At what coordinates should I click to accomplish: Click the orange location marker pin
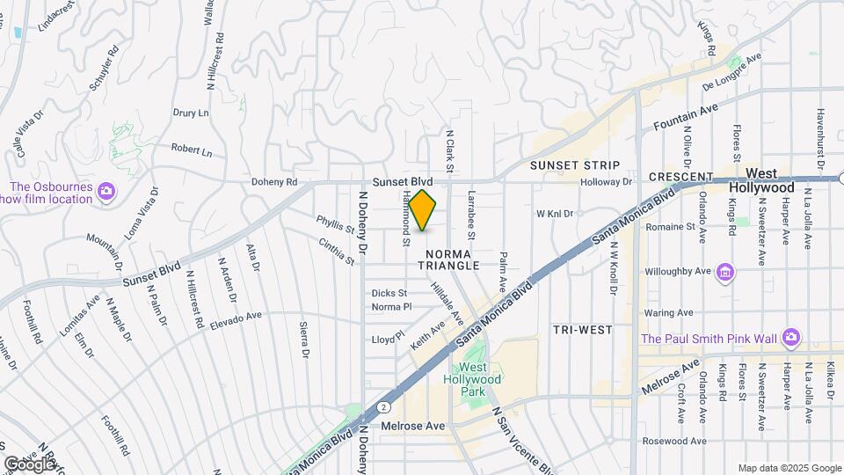click(423, 210)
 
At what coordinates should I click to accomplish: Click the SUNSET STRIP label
click(576, 165)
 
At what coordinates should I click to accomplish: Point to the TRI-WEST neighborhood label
click(583, 329)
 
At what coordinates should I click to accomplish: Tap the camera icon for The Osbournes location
click(106, 189)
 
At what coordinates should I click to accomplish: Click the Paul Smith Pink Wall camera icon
click(791, 338)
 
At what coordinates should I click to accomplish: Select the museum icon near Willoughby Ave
click(724, 271)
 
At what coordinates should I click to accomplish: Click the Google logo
click(29, 464)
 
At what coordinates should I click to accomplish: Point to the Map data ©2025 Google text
click(789, 468)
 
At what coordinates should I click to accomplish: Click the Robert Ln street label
click(192, 151)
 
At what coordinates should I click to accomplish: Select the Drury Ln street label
click(191, 113)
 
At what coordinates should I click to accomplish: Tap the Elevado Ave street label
click(236, 320)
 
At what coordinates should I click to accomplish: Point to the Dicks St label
click(389, 293)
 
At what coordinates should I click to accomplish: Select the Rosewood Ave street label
click(674, 441)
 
